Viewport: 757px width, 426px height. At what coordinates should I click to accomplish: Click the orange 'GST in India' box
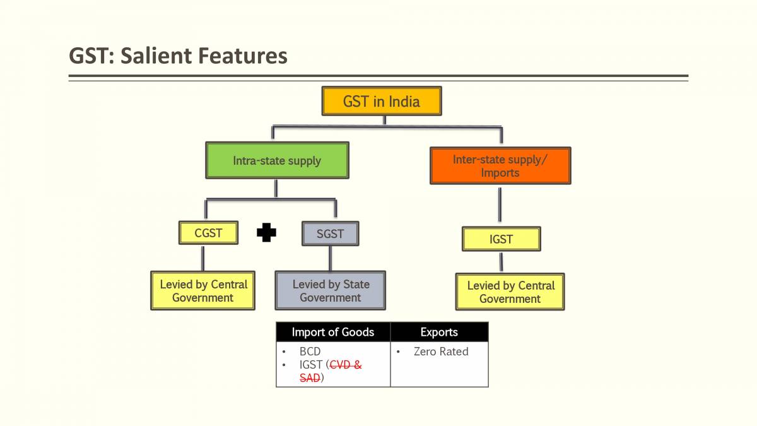pos(381,101)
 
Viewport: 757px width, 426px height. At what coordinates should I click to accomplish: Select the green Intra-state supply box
pos(277,160)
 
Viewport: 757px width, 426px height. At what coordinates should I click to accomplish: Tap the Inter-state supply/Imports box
pos(500,166)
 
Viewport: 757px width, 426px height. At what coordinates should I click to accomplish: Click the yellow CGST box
pos(208,233)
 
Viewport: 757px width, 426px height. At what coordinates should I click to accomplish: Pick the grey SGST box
pos(330,234)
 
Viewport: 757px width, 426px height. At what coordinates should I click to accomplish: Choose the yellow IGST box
pos(501,239)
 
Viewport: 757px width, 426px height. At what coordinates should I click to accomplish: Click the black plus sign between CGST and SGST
pos(266,234)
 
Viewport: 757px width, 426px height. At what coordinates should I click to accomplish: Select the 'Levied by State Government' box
pos(330,291)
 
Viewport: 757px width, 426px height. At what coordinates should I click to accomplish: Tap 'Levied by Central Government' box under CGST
pos(202,291)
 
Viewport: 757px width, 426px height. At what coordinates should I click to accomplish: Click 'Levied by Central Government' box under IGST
pos(510,292)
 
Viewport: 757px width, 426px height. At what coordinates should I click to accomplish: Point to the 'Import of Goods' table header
pos(333,332)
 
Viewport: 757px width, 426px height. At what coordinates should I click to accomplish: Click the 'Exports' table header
pos(439,332)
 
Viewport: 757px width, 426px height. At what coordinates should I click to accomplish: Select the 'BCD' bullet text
pos(310,352)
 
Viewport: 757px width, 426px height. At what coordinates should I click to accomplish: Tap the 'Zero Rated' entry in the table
pos(441,352)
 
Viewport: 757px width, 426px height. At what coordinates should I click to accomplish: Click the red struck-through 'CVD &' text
pos(346,365)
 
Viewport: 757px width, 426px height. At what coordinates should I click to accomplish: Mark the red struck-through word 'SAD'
pos(309,377)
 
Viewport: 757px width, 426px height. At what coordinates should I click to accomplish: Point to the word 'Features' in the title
pos(243,56)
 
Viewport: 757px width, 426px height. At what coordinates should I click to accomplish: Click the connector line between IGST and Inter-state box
pos(500,205)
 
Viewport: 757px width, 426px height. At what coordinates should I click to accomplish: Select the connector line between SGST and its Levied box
pos(330,258)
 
